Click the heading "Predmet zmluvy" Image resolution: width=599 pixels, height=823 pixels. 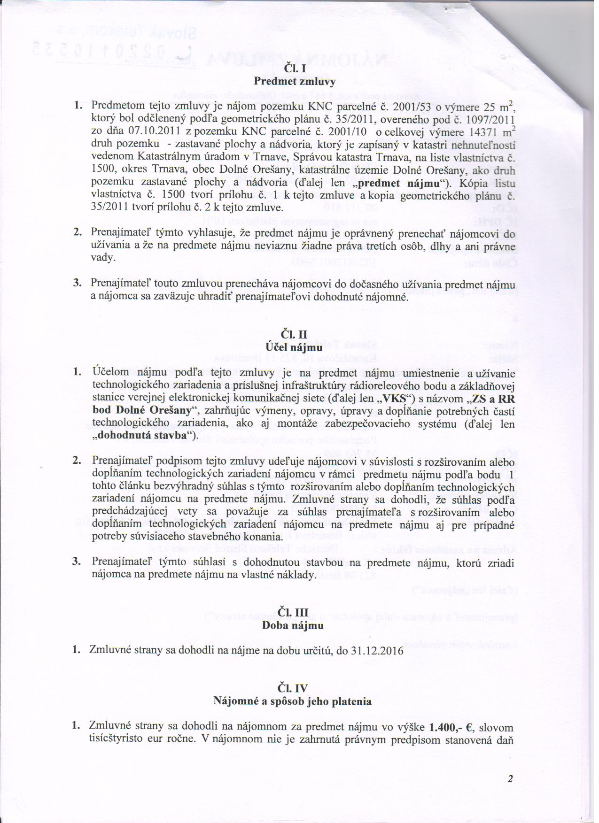[295, 81]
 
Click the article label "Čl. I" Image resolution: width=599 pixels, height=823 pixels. [294, 69]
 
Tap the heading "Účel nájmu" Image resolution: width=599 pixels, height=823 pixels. [294, 347]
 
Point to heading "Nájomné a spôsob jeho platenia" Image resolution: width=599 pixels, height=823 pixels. [293, 701]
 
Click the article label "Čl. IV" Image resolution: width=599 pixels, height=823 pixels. [293, 689]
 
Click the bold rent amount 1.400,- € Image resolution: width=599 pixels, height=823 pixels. [451, 727]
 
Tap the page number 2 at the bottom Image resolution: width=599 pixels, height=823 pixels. [510, 779]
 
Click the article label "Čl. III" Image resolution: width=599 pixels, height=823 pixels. [293, 613]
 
